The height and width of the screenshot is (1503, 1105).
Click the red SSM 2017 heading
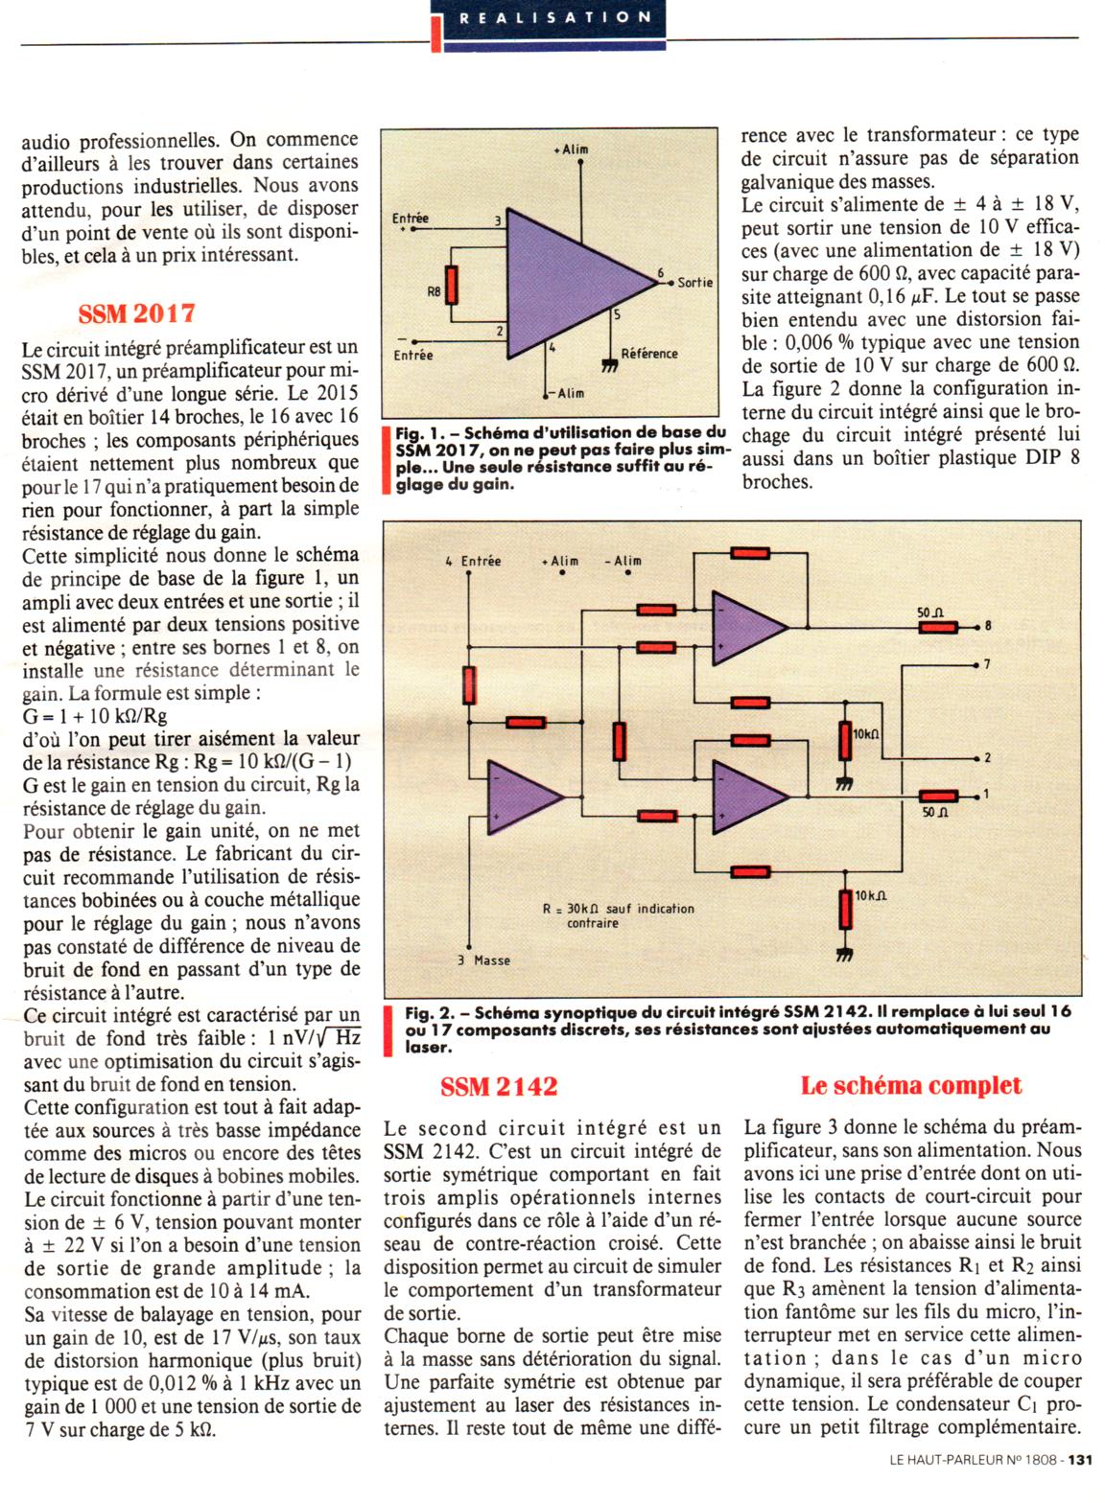136,313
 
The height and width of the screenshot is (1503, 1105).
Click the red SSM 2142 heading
498,1086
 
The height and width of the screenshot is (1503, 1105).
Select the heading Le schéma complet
910,1085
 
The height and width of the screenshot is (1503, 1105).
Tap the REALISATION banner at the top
555,17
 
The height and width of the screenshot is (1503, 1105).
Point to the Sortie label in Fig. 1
694,283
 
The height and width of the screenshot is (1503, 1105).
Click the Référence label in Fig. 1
649,354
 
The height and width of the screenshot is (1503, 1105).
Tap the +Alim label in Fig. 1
572,150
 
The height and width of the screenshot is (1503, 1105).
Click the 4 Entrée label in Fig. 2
473,561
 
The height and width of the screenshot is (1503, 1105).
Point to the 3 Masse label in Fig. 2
484,960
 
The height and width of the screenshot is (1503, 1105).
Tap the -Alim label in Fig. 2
623,561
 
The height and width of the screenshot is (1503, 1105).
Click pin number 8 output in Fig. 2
988,627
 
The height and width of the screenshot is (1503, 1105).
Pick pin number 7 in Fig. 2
987,664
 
